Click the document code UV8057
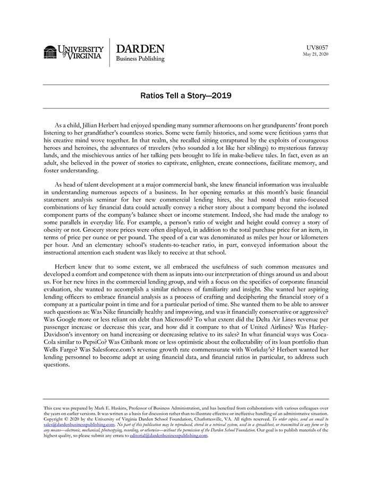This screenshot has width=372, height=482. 317,47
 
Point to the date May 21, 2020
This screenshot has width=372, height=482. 315,54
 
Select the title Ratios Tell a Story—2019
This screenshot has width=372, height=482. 186,98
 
